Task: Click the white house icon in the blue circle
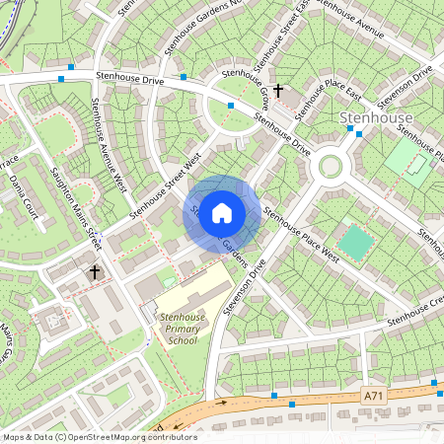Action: (x=222, y=212)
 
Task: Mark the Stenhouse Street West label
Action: (x=165, y=185)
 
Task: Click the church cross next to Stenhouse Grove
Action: (x=278, y=91)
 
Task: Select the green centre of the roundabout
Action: (x=330, y=166)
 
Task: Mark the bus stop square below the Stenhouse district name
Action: (x=359, y=131)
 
